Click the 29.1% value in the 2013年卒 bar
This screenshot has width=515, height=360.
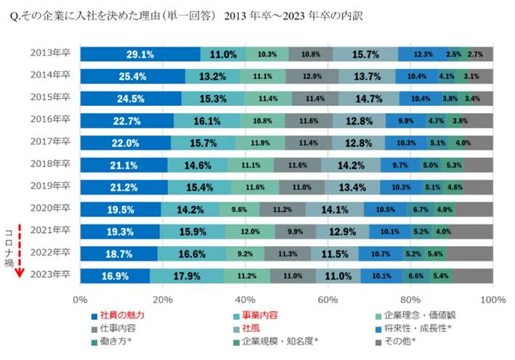tap(139, 54)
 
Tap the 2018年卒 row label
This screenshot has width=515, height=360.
tap(50, 165)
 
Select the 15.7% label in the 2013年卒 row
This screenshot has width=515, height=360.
tap(365, 54)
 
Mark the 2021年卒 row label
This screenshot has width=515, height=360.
tap(50, 232)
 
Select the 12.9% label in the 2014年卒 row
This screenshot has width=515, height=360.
tap(311, 77)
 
